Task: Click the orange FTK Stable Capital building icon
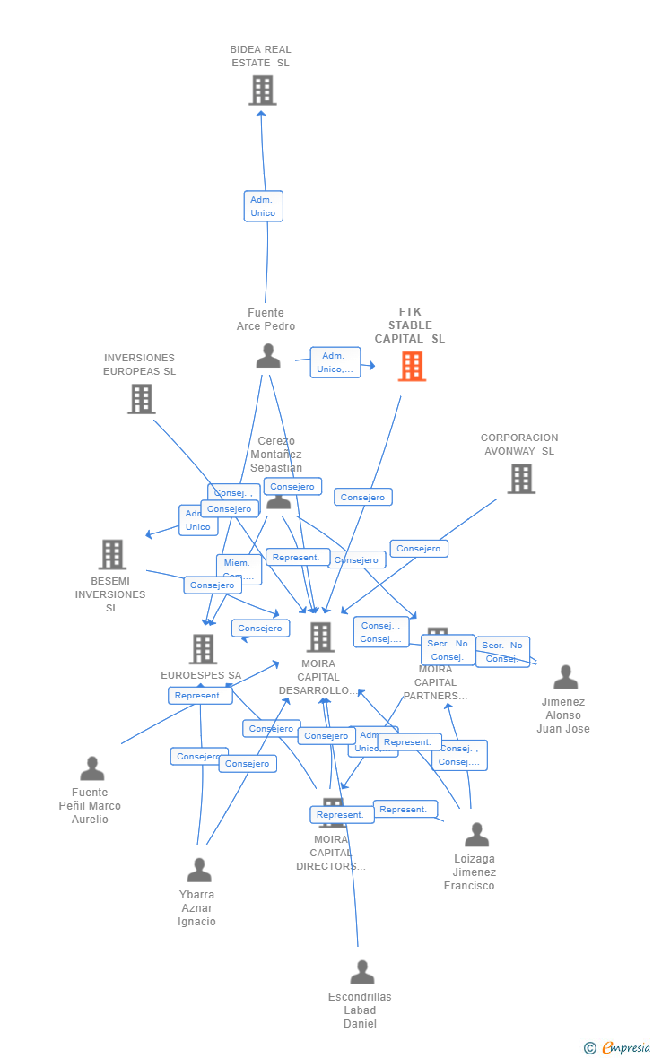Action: pos(412,366)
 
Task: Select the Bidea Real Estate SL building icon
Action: pos(262,91)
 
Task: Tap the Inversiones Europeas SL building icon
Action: pos(141,399)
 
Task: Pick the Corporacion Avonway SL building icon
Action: pos(521,479)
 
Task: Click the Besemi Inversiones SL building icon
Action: pos(112,554)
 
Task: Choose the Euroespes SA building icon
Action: pos(203,649)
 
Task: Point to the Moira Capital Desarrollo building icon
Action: pos(320,637)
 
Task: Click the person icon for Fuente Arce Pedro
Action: pos(268,356)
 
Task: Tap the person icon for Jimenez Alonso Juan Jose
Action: pos(565,677)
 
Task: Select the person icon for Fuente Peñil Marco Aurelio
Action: pos(92,768)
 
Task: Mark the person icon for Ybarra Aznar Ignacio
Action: pos(199,870)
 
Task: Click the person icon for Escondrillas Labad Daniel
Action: pos(361,972)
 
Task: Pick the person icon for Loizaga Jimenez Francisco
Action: pos(476,835)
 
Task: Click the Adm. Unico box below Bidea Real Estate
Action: pos(263,206)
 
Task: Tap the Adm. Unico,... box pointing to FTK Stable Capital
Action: pos(335,362)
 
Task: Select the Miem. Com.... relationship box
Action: pos(239,568)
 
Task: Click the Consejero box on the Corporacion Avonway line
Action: pos(419,549)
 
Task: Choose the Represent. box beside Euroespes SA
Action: pos(199,696)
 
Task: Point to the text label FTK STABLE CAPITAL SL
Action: pos(409,325)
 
